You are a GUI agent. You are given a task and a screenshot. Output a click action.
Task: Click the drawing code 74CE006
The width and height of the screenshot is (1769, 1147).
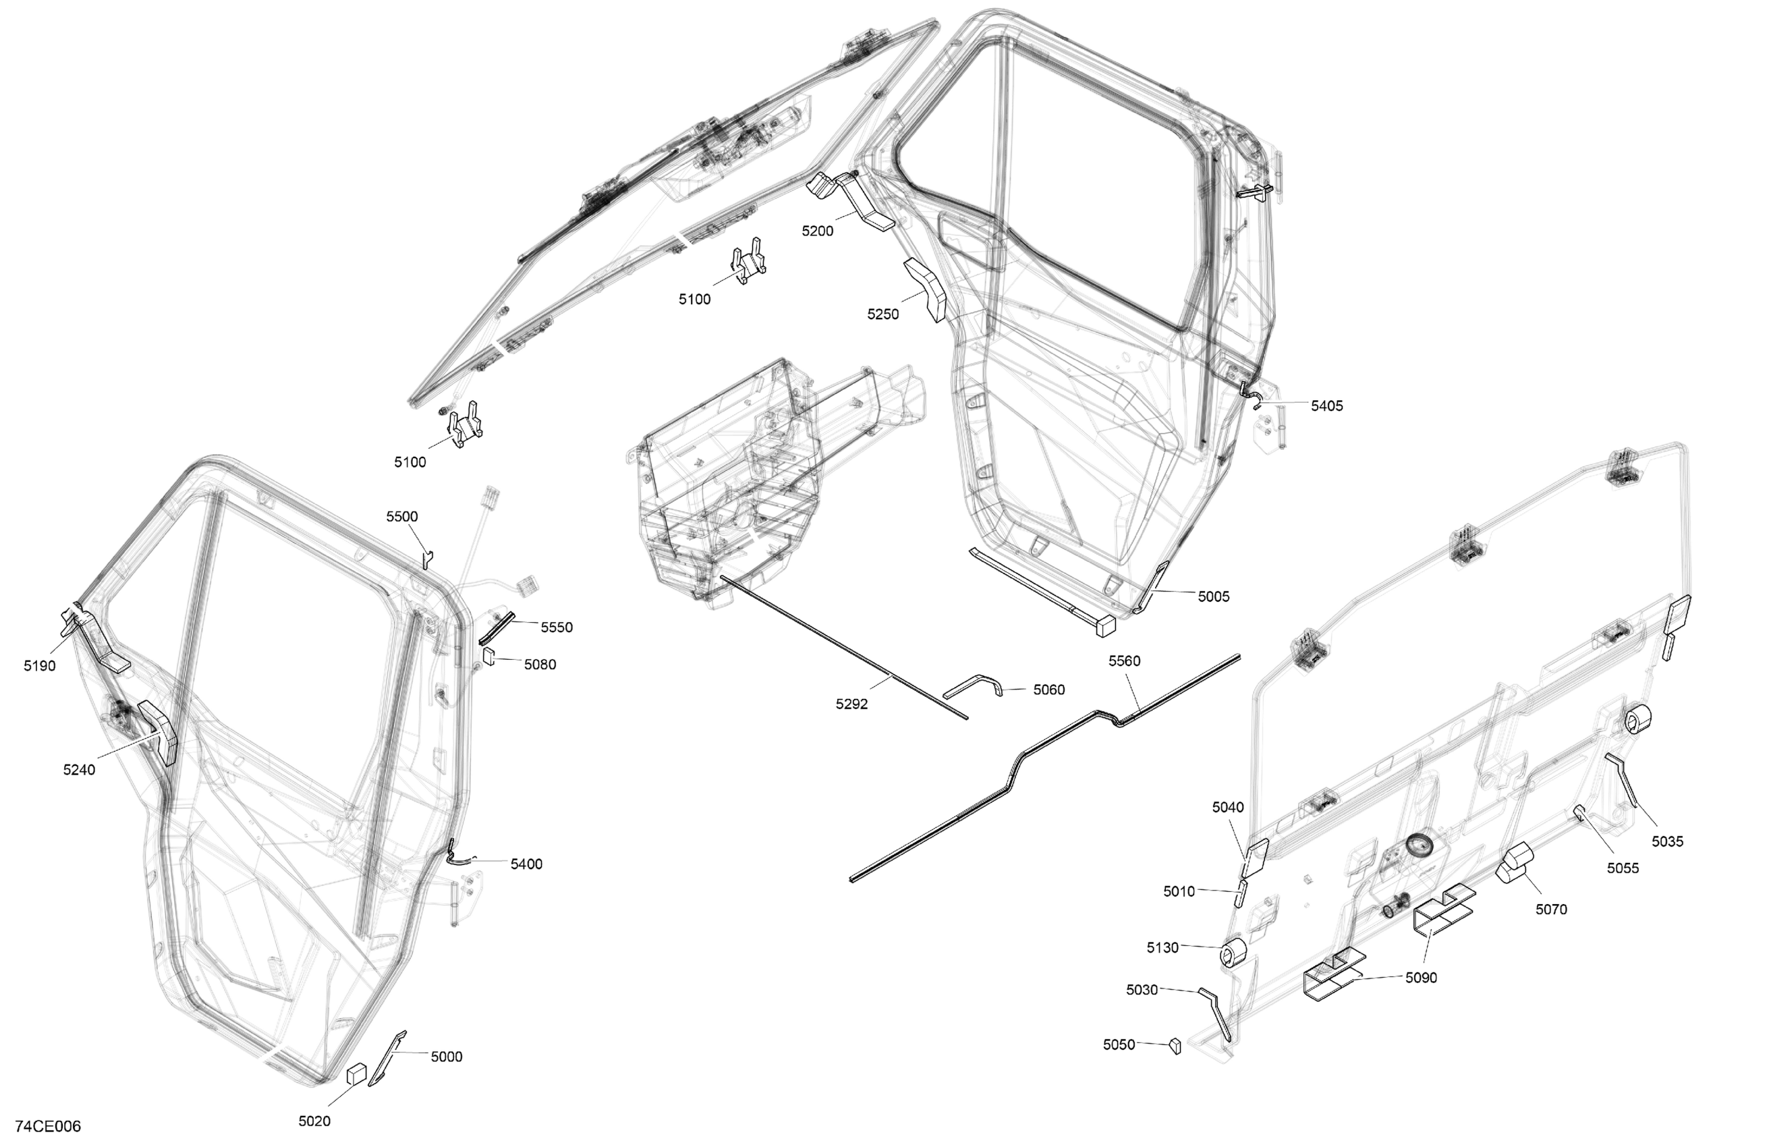pyautogui.click(x=48, y=1126)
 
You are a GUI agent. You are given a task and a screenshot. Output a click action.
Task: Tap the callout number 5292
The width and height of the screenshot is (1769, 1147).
pyautogui.click(x=851, y=704)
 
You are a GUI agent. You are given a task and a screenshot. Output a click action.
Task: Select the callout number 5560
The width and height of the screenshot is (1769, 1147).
pyautogui.click(x=1124, y=661)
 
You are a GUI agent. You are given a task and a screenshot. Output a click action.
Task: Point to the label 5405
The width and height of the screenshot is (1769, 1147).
pyautogui.click(x=1326, y=406)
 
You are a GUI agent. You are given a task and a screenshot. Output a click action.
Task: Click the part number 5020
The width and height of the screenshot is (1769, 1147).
pyautogui.click(x=314, y=1121)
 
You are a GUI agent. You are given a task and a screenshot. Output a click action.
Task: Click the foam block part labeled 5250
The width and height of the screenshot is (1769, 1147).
pyautogui.click(x=926, y=290)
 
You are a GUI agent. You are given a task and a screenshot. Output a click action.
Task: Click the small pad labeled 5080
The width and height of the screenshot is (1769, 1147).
pyautogui.click(x=489, y=656)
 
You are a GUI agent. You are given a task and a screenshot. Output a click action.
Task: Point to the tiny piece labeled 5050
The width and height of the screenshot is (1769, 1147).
pyautogui.click(x=1175, y=1046)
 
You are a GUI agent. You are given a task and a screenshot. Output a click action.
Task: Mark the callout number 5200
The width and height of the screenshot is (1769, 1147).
pyautogui.click(x=817, y=231)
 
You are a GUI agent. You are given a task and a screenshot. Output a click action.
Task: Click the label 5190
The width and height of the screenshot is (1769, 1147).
pyautogui.click(x=39, y=666)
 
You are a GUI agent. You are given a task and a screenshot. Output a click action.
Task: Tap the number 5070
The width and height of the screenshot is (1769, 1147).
pyautogui.click(x=1551, y=909)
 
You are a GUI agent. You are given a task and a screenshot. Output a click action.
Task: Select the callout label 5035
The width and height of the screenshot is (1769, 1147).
pyautogui.click(x=1667, y=841)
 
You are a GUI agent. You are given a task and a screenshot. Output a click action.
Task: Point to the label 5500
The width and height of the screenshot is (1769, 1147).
pyautogui.click(x=402, y=517)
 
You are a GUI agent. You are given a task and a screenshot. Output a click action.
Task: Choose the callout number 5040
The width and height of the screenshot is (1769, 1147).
pyautogui.click(x=1228, y=808)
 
